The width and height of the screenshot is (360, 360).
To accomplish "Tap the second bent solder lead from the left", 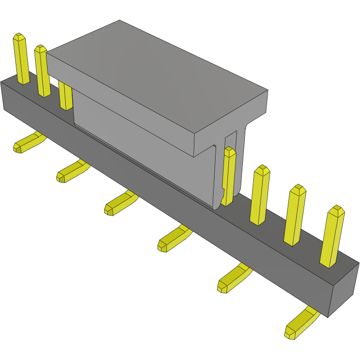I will coord(71,171).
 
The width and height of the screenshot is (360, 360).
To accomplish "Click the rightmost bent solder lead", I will coord(302,324).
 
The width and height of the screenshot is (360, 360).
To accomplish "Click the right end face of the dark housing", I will coord(343,292).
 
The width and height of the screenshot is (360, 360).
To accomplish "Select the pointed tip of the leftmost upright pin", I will coord(19,37).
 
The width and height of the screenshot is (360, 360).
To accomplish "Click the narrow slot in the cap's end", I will coord(233,138).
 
